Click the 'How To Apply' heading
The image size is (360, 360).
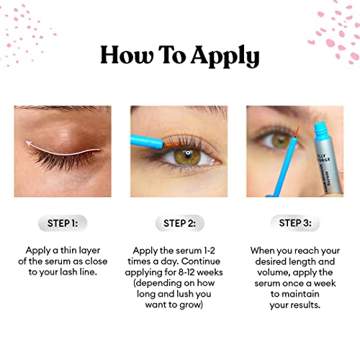179,55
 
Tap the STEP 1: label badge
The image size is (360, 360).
63,223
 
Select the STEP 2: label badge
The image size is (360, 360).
179,223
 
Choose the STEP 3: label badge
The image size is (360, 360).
295,223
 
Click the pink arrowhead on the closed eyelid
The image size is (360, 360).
29,144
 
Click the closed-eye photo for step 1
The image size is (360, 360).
63,151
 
